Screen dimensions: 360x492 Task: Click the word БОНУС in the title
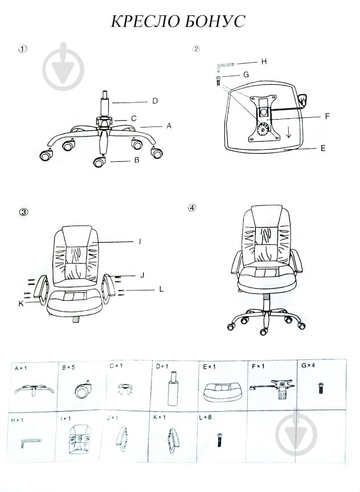(213, 21)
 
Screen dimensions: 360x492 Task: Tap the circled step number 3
(23, 212)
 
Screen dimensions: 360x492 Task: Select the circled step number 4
(191, 208)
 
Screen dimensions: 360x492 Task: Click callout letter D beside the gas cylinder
(155, 101)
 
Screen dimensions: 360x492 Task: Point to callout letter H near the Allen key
(264, 61)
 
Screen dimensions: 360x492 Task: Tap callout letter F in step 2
(328, 116)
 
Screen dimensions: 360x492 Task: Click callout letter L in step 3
(161, 289)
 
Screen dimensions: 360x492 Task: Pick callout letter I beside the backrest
(140, 241)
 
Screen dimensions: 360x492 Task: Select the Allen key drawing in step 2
(225, 66)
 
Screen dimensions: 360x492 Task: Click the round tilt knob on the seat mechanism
(263, 129)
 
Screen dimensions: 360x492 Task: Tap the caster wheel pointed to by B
(99, 162)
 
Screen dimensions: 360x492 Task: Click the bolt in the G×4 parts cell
(321, 388)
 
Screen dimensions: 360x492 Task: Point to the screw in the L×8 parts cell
(219, 440)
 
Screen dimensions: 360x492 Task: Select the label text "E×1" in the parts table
(209, 367)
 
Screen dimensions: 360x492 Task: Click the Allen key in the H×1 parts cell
(31, 442)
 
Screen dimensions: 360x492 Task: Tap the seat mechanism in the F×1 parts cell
(272, 388)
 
